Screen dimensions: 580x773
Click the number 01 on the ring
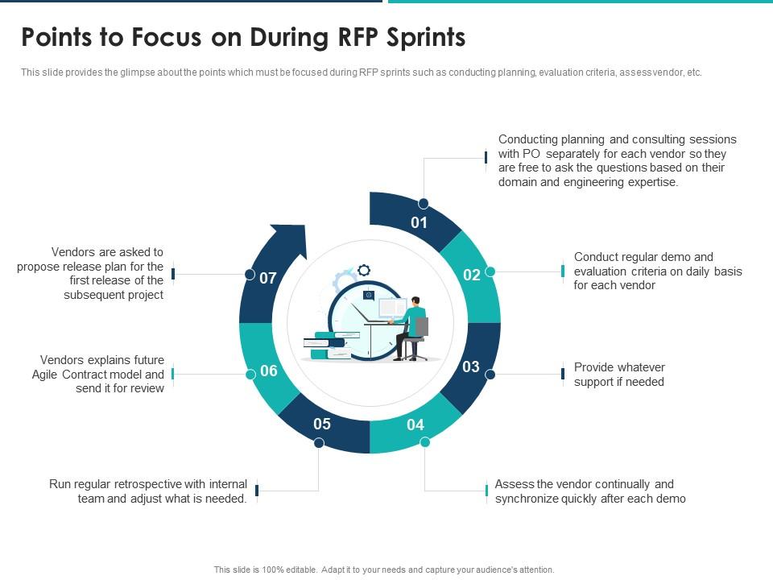(420, 223)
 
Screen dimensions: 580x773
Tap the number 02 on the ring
(472, 275)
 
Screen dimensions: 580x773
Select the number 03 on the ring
(471, 367)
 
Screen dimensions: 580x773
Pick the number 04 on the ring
(415, 425)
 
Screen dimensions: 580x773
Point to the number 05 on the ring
(322, 425)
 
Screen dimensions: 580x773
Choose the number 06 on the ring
(269, 371)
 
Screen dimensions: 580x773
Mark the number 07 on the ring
(268, 279)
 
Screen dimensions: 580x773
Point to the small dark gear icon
(365, 271)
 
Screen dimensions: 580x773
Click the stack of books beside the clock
(326, 346)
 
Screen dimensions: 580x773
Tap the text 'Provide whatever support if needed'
(619, 375)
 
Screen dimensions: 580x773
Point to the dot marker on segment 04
(425, 442)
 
